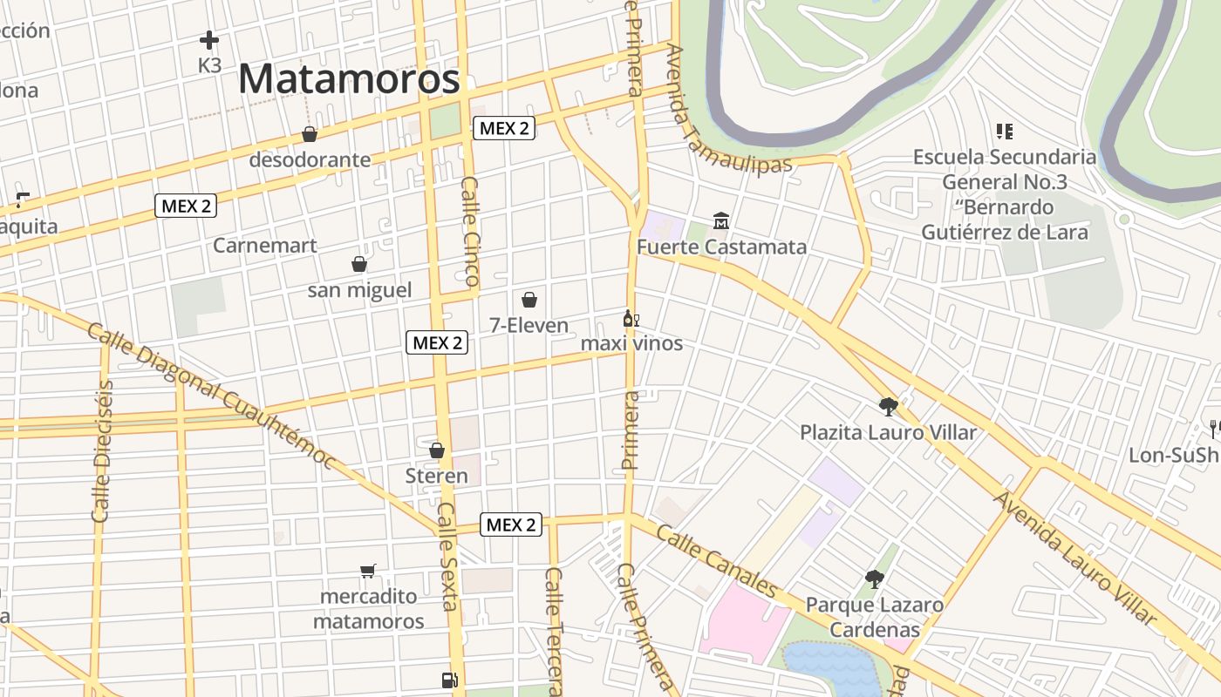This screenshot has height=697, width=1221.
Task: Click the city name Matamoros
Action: pos(349,79)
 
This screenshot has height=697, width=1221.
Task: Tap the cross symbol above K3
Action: pos(209,40)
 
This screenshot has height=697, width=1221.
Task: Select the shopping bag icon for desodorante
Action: pos(309,134)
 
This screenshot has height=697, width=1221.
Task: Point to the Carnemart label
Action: pos(265,246)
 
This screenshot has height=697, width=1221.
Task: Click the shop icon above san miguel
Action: pos(358,264)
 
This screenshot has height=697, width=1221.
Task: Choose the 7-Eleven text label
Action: pos(529,326)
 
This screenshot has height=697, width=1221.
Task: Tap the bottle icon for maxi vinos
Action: pos(631,319)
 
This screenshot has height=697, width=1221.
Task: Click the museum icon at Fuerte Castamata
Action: pos(721,221)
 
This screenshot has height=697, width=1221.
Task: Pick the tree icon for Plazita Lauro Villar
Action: pos(889,406)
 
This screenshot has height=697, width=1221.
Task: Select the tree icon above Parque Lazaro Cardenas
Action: pos(874,579)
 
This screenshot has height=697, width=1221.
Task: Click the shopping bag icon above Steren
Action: pos(437,450)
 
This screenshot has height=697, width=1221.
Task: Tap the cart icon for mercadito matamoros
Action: pos(368,572)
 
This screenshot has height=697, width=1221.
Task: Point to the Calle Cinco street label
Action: pos(470,232)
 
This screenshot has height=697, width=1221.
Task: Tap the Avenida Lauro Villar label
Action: pos(1078,558)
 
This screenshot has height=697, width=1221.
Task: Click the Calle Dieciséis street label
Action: pos(103,450)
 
